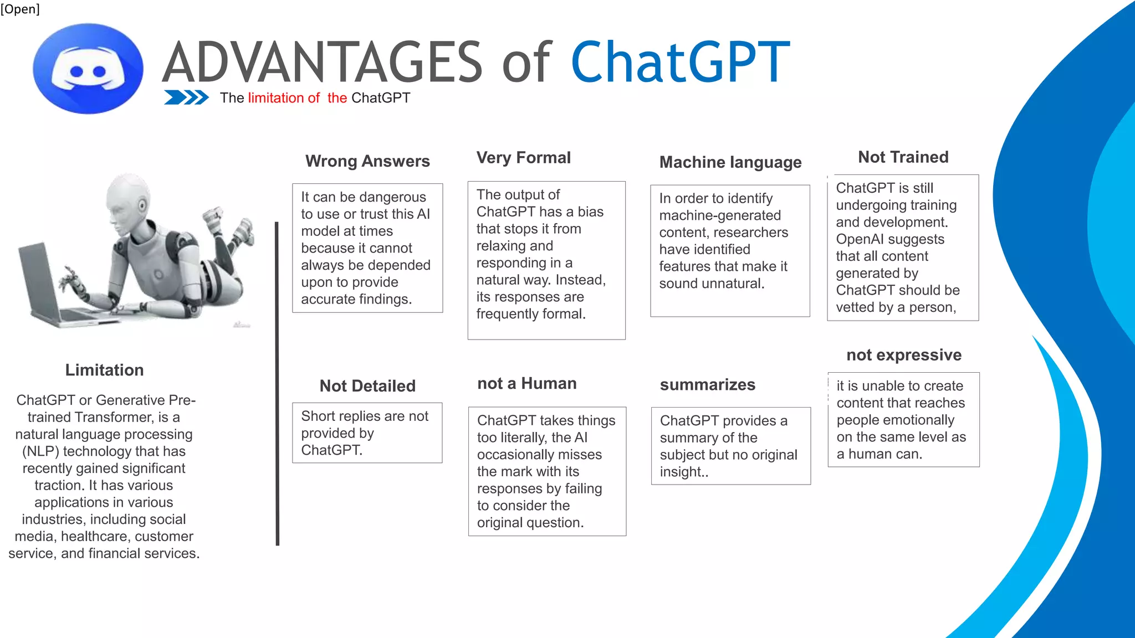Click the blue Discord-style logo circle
click(x=88, y=69)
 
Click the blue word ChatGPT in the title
click(x=680, y=62)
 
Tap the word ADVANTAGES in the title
click(x=323, y=62)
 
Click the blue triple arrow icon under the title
click(x=186, y=97)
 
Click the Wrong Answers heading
click(x=367, y=161)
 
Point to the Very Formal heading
click(x=523, y=158)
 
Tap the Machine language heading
click(x=730, y=162)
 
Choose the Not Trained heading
click(x=903, y=157)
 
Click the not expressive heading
click(x=903, y=355)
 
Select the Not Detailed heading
click(x=367, y=386)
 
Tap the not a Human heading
click(x=526, y=384)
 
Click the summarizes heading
click(x=707, y=385)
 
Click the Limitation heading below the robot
click(x=104, y=370)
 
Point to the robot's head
click(x=129, y=200)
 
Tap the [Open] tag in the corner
click(x=20, y=9)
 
